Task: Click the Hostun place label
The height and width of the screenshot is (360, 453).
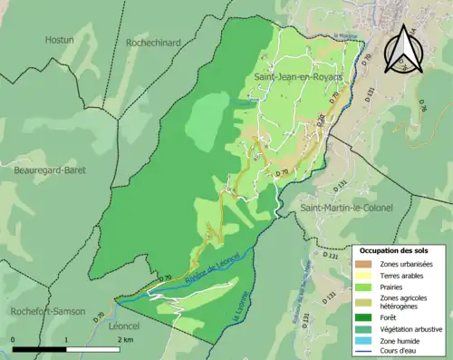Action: click(x=60, y=40)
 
